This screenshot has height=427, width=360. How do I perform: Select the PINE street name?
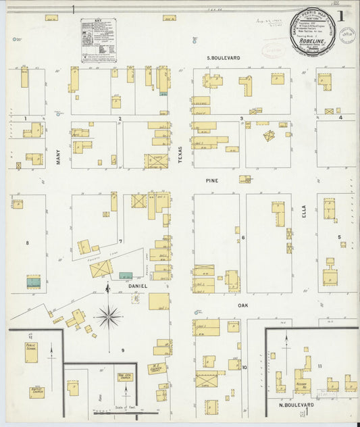tap(213, 181)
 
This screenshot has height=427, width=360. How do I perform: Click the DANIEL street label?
tap(137, 286)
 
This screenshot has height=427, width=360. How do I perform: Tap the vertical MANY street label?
tap(59, 157)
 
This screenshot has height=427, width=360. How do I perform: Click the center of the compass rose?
tap(108, 315)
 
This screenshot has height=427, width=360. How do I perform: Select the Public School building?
tap(32, 350)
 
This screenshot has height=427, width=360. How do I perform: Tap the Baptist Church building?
tap(36, 391)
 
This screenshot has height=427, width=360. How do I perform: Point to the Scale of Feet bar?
tap(125, 410)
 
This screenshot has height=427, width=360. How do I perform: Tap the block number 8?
tap(27, 242)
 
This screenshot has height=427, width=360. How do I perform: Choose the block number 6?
tap(242, 238)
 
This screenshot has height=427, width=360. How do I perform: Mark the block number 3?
tap(241, 119)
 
